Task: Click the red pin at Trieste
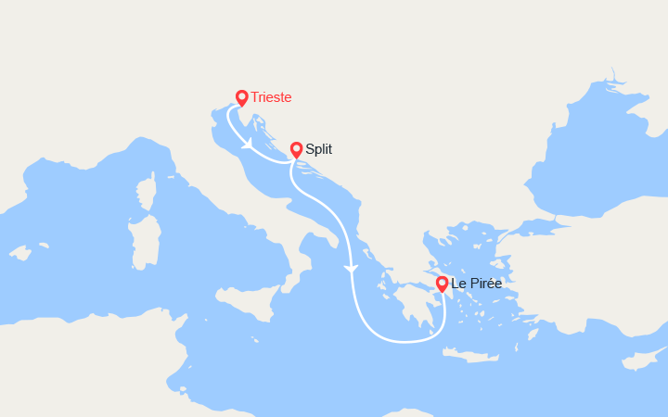click(x=241, y=96)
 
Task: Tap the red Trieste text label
click(x=271, y=97)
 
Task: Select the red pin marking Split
click(x=296, y=148)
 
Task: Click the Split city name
click(x=318, y=149)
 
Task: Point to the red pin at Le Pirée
click(x=442, y=283)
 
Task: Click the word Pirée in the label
click(x=484, y=284)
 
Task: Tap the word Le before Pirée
click(x=457, y=284)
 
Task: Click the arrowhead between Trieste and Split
click(x=248, y=145)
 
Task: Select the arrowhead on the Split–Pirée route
click(x=350, y=269)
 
